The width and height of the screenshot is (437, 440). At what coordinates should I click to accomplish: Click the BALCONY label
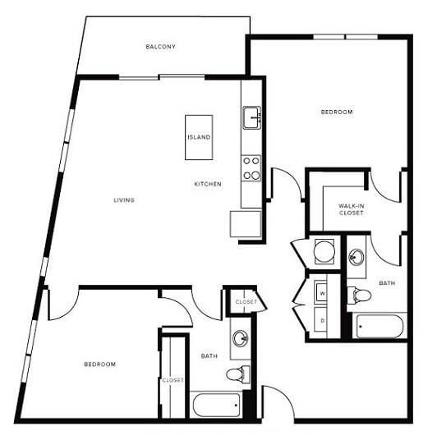[161, 47]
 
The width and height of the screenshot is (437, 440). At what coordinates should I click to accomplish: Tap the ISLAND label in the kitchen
[199, 137]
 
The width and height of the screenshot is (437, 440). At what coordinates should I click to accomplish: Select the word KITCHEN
[207, 184]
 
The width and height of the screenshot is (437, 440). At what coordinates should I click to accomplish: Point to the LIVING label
[124, 200]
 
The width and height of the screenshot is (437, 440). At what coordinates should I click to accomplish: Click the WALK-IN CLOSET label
[351, 209]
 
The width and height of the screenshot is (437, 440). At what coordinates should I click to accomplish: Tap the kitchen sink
[251, 117]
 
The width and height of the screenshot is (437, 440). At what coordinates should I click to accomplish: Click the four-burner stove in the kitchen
[251, 167]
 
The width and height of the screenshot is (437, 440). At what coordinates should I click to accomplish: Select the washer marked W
[323, 293]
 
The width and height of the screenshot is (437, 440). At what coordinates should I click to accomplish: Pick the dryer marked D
[323, 320]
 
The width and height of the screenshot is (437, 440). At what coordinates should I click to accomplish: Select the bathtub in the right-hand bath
[379, 327]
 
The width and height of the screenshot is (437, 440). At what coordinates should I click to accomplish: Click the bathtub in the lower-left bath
[215, 404]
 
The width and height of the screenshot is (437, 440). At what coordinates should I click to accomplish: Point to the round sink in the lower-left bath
[240, 338]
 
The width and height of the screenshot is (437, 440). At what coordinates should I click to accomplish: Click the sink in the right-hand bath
[357, 257]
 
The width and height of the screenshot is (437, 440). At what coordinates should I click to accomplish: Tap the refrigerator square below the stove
[246, 223]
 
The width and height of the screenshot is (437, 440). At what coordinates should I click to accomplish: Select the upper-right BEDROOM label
[336, 112]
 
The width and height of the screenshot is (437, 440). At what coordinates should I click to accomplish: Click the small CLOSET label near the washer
[246, 302]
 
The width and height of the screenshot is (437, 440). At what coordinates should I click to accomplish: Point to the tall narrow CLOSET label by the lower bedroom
[172, 380]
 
